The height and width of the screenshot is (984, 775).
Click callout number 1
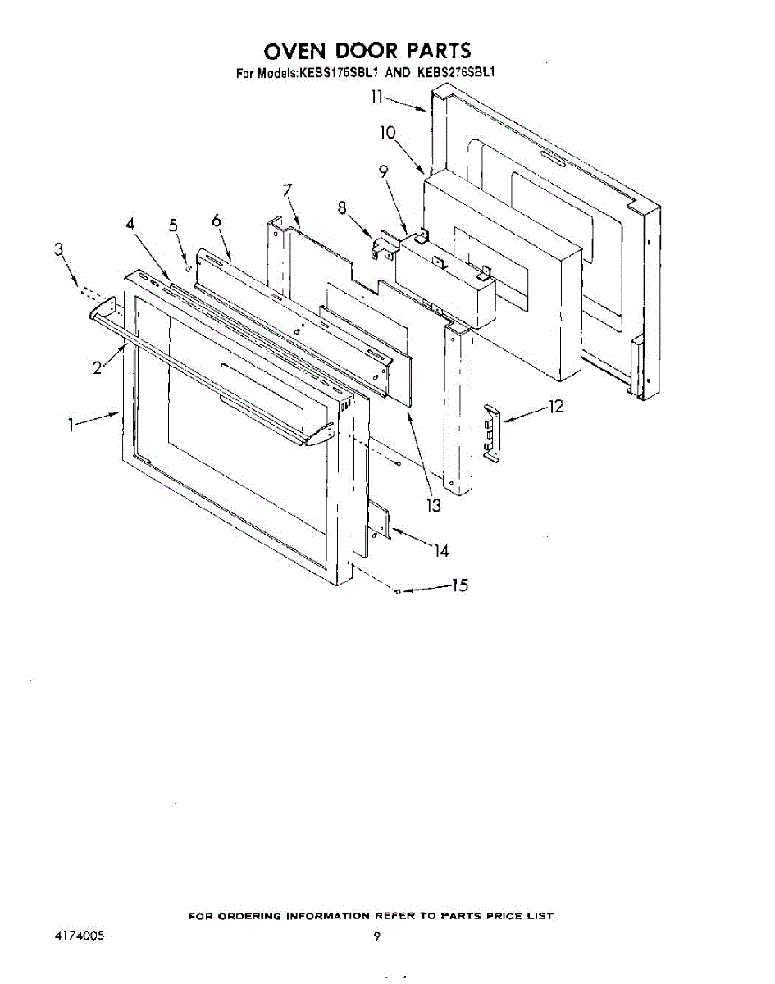(71, 424)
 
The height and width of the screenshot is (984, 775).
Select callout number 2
(98, 368)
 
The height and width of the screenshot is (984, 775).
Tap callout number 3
(59, 250)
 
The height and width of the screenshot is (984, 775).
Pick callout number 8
(341, 208)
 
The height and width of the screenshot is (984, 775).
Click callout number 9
(383, 171)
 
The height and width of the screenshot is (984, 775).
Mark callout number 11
(376, 97)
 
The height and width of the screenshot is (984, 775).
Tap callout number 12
(557, 405)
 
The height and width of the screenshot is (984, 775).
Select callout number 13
(433, 506)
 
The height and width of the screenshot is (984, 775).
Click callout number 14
(442, 551)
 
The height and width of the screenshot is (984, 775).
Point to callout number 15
(460, 585)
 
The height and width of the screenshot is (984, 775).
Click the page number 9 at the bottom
(376, 936)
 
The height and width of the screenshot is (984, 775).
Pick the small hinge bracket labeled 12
(491, 431)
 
